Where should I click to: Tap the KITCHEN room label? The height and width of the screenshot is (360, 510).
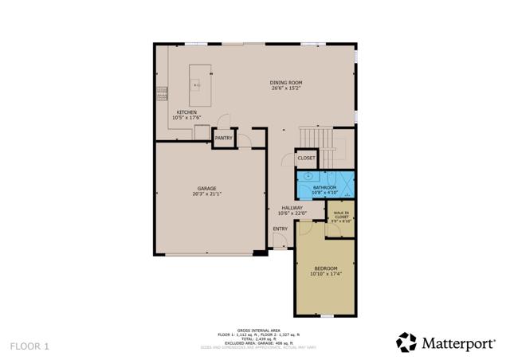(186, 112)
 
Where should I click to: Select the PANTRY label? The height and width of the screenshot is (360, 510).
(223, 138)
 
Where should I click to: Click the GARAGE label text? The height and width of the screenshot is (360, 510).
(206, 189)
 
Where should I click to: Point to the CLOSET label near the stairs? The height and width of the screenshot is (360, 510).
(306, 158)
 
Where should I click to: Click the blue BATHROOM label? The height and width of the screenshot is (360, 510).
(324, 187)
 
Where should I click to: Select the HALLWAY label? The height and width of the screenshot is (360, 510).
(292, 208)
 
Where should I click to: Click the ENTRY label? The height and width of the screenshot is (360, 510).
(280, 229)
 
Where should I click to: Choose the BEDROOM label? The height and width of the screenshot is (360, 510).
(325, 268)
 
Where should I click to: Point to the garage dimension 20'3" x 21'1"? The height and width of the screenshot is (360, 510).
(206, 194)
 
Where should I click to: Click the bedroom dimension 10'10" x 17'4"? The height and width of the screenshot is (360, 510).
(325, 274)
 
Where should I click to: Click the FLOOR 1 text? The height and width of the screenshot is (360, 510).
(30, 346)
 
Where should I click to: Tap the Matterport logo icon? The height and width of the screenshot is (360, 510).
(406, 342)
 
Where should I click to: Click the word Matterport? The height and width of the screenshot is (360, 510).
(459, 343)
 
